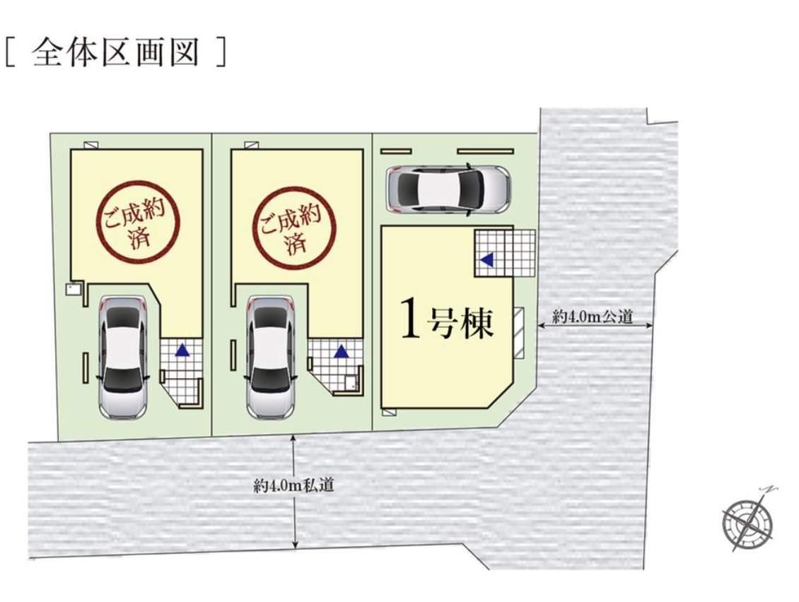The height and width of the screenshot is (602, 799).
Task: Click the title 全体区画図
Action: point(115,52)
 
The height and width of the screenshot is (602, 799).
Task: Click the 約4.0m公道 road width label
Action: point(593,317)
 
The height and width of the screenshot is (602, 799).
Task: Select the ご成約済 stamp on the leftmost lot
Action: point(138,223)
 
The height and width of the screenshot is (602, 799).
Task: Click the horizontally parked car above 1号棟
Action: point(448,189)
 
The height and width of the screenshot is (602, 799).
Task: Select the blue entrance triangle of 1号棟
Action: point(487,260)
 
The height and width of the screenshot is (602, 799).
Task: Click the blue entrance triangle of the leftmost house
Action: point(182,350)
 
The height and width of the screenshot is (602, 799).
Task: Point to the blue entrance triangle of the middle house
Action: point(342,351)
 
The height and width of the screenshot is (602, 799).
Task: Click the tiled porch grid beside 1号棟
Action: point(505,253)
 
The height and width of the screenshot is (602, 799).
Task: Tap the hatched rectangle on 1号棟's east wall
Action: point(519,333)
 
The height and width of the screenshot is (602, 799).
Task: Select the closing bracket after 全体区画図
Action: point(221,52)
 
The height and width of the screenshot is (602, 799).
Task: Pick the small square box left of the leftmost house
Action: point(71,289)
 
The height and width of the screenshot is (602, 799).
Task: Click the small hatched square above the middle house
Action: point(250,145)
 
